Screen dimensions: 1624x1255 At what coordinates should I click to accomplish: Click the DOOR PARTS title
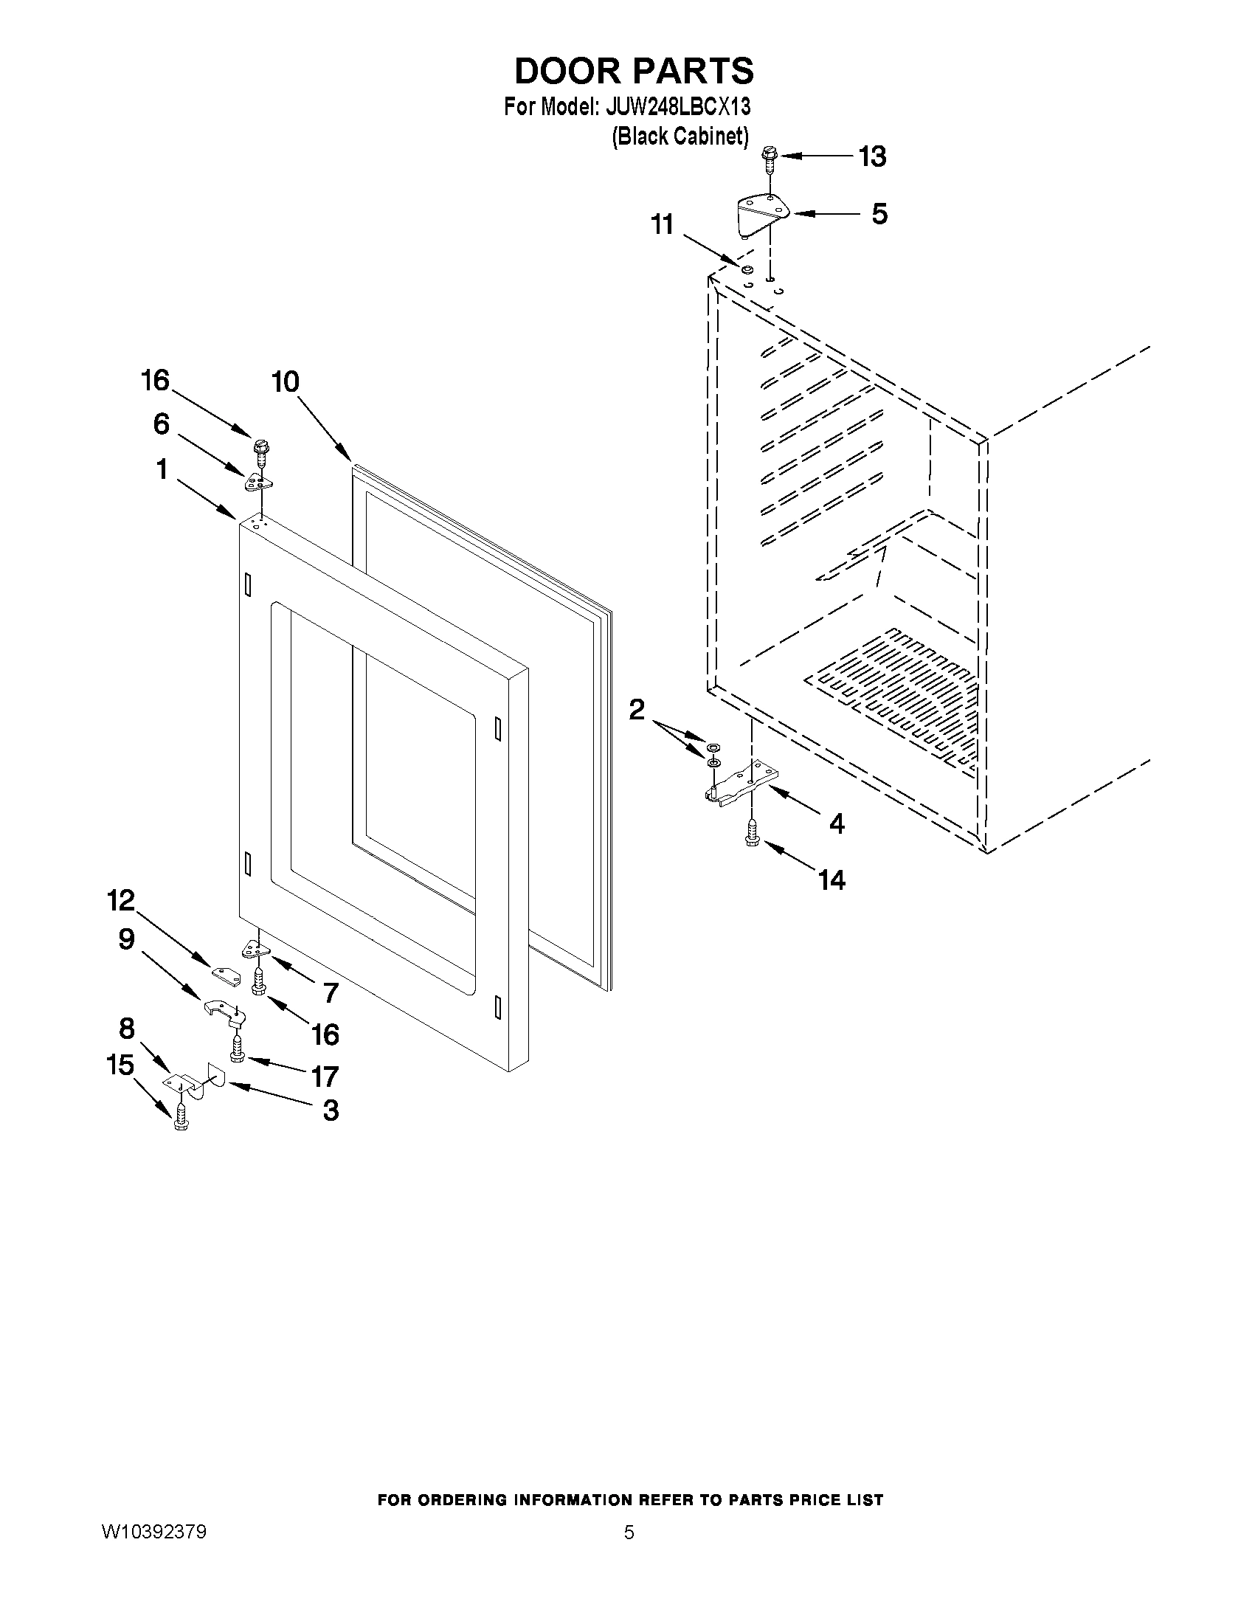pos(634,71)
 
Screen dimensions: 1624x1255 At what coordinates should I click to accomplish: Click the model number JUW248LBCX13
pos(678,107)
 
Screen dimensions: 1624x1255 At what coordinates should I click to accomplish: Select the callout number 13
pos(872,157)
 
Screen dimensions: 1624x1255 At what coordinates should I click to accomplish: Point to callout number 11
pos(662,224)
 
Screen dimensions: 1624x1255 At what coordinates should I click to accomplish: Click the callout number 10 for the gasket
pos(285,382)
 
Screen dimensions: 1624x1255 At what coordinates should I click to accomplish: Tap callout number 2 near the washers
pos(637,709)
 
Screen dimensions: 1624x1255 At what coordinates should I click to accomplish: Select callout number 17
pos(325,1076)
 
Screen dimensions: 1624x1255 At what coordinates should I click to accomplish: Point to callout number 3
pos(330,1111)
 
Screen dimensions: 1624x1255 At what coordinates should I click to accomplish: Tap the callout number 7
pos(331,992)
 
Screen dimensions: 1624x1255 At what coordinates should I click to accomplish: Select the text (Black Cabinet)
pos(680,137)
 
